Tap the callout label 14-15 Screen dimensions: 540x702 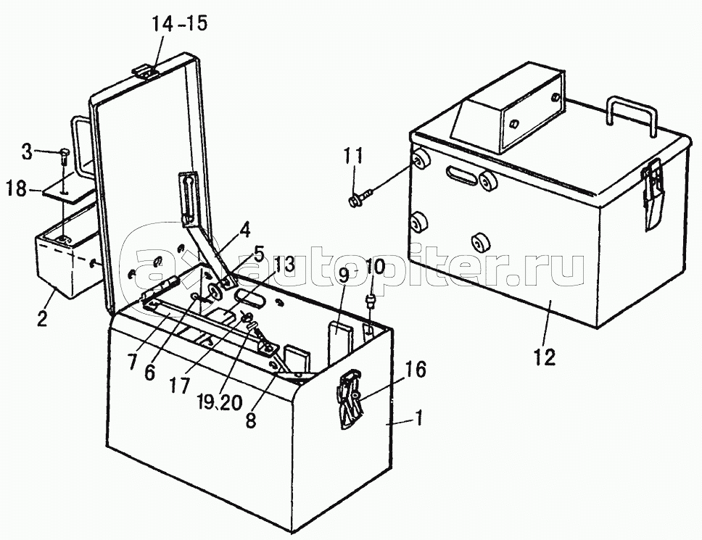[180, 23]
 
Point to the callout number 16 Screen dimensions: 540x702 [416, 370]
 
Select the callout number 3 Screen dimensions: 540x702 [27, 152]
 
